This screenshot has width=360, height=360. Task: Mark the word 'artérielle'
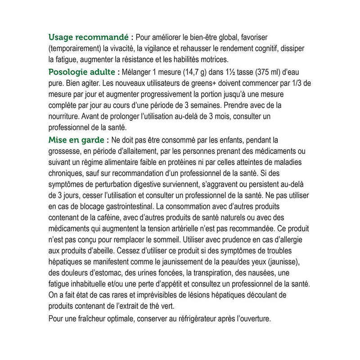click(186, 229)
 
